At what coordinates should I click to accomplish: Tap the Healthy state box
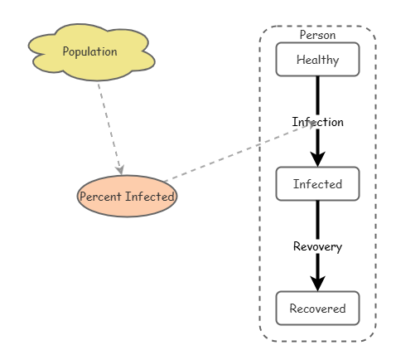click(317, 60)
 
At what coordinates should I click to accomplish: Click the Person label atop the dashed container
click(317, 36)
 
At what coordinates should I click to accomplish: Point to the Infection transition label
click(317, 122)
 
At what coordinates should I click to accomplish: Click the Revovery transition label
click(317, 246)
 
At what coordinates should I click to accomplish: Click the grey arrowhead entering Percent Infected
click(121, 169)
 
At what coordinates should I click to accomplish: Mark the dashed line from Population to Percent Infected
click(109, 124)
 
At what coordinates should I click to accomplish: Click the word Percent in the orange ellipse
click(100, 197)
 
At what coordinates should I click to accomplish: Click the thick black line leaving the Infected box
click(317, 220)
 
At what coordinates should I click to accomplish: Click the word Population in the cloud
click(89, 51)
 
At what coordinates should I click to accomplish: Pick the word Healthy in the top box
click(317, 60)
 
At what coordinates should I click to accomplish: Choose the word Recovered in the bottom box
click(317, 309)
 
